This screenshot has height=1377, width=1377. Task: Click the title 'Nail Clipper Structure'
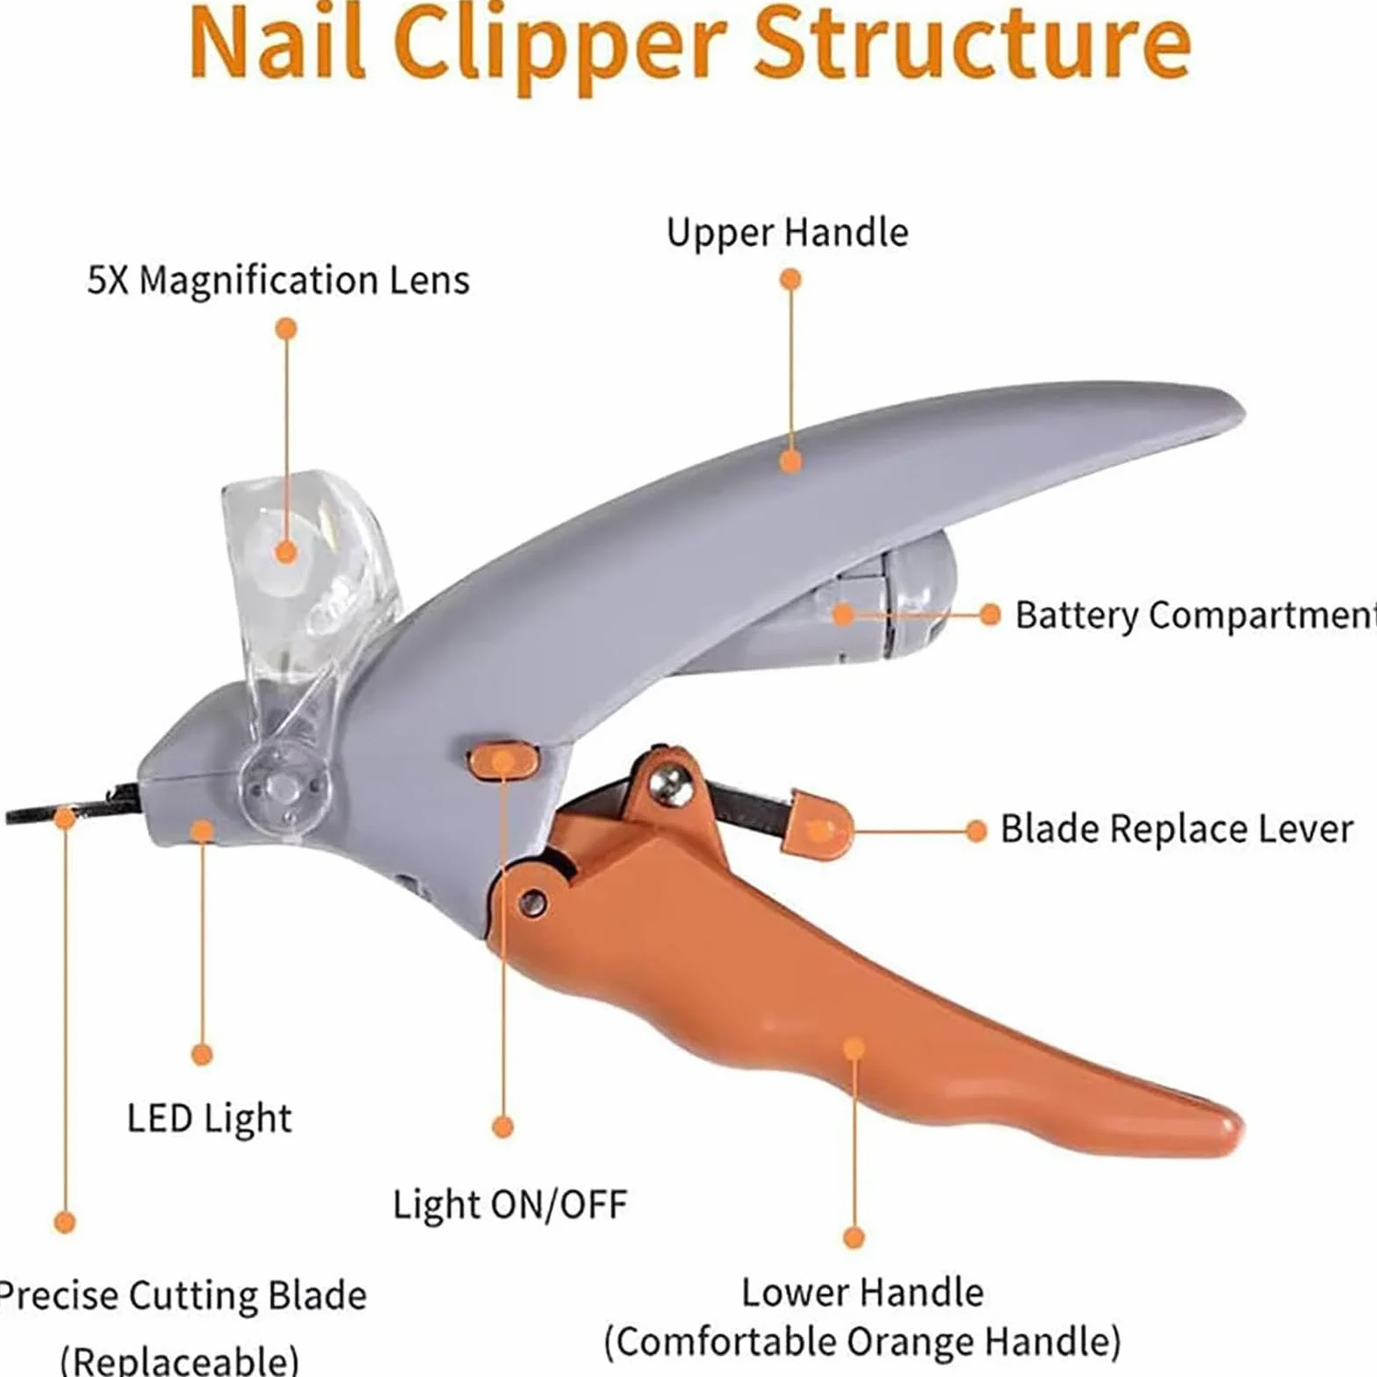pos(689,44)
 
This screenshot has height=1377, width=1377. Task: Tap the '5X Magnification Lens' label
pos(278,281)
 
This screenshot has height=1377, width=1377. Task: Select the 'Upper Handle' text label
pos(787,234)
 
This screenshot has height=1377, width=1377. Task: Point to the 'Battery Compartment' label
pos(1195,616)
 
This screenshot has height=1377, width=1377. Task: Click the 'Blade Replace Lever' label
pos(1176,829)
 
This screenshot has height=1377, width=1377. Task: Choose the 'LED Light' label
pos(209,1119)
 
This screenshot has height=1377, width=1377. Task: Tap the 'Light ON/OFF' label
pos(509,1204)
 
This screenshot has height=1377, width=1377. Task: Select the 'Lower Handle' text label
pos(862,1293)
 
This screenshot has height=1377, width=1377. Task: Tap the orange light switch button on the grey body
pos(501,761)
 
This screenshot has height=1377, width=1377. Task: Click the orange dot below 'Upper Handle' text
pos(790,279)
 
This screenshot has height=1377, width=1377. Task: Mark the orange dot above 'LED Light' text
pos(202,1054)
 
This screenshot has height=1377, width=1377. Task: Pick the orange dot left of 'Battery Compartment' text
pos(991,615)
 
